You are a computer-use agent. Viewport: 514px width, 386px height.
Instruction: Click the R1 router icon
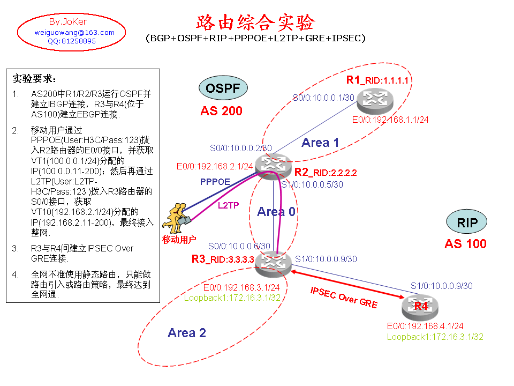click(377, 99)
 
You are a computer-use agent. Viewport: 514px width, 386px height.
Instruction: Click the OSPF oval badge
click(223, 88)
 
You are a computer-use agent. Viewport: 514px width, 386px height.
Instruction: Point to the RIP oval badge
click(467, 222)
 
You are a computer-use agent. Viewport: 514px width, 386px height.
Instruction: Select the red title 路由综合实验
click(255, 22)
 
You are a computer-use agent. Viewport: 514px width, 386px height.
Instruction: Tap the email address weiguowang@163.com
click(74, 32)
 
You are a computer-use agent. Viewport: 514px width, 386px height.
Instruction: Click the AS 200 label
click(221, 111)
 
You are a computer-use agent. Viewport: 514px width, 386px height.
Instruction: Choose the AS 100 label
click(465, 244)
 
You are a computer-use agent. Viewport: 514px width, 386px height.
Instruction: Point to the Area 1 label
click(320, 142)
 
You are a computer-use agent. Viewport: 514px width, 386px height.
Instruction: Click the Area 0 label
click(276, 212)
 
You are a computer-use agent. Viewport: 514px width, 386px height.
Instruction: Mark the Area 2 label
click(186, 333)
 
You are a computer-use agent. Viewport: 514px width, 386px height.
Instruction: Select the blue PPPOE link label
click(215, 182)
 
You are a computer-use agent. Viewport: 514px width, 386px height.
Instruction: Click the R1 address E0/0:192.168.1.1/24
click(390, 120)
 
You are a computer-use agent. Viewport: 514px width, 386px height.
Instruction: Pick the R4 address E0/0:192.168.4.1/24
click(425, 325)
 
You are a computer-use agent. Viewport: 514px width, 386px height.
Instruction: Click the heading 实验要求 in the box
click(34, 79)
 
